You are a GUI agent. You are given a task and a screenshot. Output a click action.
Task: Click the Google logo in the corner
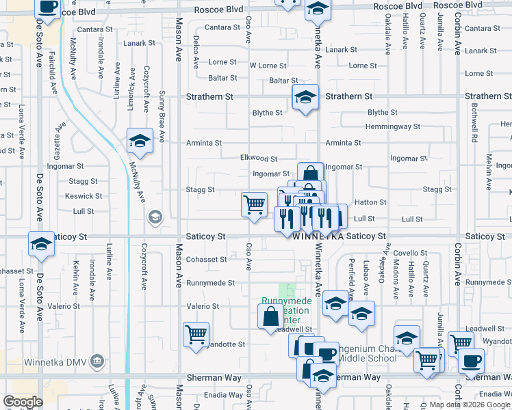pos(23,401)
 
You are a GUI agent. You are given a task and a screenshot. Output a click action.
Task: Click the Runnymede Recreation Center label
pos(286,311)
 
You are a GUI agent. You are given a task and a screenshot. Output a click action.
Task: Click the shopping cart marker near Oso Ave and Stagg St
pos(254,204)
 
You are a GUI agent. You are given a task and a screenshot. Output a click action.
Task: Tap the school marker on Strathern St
pos(305,97)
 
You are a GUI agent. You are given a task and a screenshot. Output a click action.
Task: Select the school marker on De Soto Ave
pos(40,244)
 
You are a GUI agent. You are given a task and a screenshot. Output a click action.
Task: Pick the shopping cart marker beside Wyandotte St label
pos(196,334)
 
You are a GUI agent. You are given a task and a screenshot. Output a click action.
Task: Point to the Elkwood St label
pos(259,158)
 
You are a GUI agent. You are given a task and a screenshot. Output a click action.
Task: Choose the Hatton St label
pos(370,202)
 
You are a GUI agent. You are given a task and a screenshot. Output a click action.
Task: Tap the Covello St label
pos(410,253)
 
